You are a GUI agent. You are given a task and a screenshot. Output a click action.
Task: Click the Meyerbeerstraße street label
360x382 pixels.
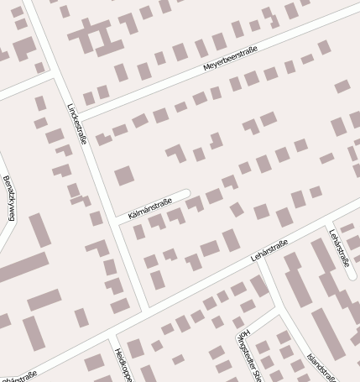(230, 59)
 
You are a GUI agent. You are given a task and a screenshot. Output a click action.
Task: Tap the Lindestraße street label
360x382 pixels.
(76, 123)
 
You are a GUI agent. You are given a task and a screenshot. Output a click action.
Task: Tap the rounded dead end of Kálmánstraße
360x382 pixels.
(185, 194)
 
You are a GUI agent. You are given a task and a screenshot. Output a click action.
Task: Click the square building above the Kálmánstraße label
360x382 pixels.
(124, 176)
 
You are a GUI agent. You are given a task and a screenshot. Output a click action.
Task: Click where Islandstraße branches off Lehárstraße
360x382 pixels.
(262, 259)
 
